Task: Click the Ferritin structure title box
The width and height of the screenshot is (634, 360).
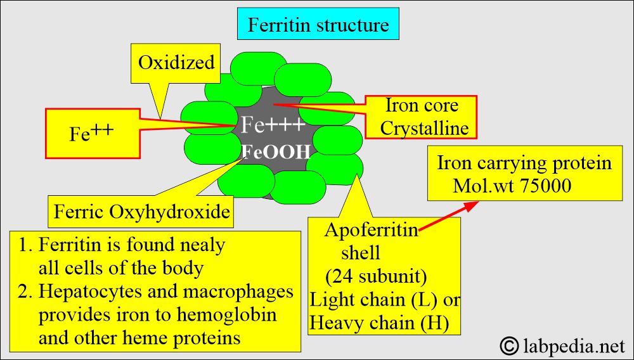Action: click(318, 25)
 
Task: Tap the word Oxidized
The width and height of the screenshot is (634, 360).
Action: click(176, 63)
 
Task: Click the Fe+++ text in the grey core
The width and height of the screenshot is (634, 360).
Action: click(274, 125)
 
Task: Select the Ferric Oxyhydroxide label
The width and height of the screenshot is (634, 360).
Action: click(141, 212)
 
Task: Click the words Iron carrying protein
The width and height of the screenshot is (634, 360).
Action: click(524, 163)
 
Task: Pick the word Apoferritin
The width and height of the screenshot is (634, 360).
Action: click(372, 229)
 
